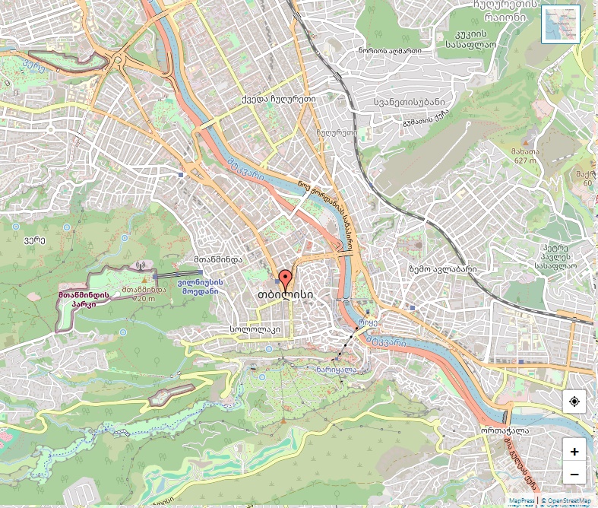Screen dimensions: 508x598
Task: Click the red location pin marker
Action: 285,278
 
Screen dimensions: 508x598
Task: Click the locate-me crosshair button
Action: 574,401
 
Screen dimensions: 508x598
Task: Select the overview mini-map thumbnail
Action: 560,24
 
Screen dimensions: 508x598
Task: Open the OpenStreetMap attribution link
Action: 565,501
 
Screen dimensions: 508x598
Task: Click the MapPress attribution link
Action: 521,501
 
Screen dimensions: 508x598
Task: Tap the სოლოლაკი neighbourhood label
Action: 255,330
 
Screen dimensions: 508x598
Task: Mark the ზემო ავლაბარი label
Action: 442,269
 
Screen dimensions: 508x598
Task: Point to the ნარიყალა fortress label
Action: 337,370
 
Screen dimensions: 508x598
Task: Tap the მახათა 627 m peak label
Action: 525,156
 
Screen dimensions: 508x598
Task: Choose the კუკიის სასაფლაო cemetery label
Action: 471,39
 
